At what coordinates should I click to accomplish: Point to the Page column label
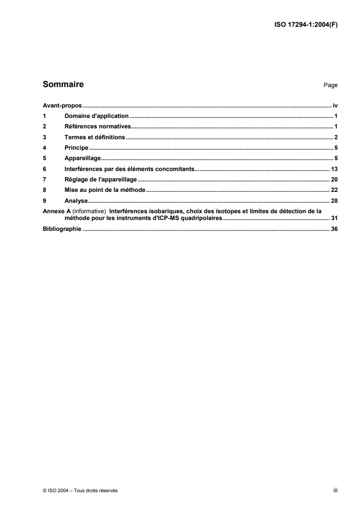click(x=330, y=85)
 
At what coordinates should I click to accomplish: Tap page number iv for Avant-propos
click(x=335, y=104)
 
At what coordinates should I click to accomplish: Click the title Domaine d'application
click(x=97, y=115)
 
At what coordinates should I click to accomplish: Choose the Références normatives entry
click(x=98, y=126)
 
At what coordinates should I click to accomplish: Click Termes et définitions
click(x=95, y=137)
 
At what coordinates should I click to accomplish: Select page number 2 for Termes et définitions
click(x=335, y=137)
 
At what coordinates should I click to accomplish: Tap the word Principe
click(x=76, y=148)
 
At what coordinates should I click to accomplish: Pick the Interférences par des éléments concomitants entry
click(x=129, y=169)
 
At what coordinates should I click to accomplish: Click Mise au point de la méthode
click(x=104, y=191)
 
